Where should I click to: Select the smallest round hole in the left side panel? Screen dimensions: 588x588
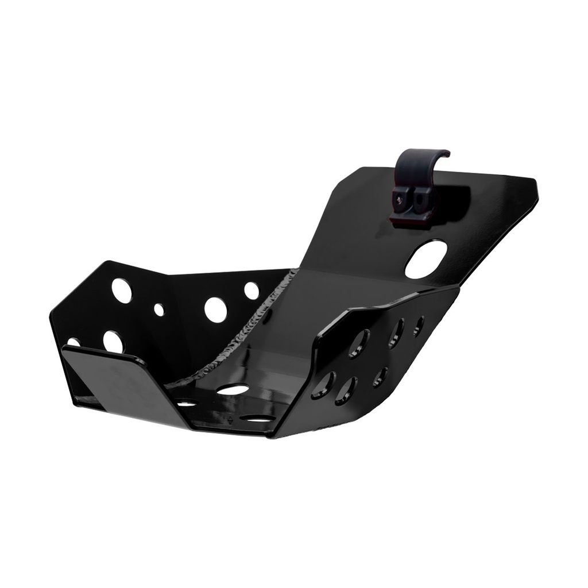point(158,310)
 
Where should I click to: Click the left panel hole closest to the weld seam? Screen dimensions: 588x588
point(252,291)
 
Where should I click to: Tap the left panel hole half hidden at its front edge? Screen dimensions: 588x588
point(73,342)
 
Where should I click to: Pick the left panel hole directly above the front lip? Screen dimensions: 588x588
point(113,341)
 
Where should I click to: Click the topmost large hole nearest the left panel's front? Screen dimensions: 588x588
point(122,291)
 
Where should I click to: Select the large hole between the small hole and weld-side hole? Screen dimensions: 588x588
point(215,309)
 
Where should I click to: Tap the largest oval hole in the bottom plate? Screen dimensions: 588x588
point(233,390)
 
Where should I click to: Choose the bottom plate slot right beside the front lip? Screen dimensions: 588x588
point(186,404)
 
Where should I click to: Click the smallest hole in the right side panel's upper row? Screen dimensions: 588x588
point(419,325)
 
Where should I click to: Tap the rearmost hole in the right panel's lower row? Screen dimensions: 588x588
point(380,377)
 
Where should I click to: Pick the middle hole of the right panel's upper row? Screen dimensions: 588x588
point(395,333)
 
